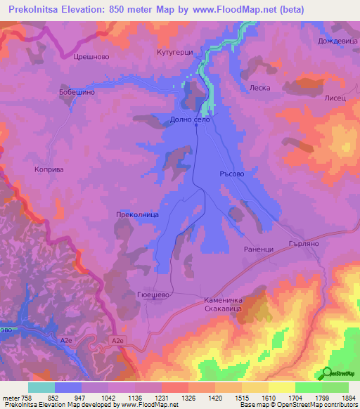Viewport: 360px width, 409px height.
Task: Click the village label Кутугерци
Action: click(x=174, y=53)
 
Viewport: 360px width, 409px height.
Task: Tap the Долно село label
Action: click(x=191, y=120)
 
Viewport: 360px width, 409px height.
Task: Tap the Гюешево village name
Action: click(x=150, y=297)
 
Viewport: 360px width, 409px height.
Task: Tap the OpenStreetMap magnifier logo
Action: click(x=328, y=373)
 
